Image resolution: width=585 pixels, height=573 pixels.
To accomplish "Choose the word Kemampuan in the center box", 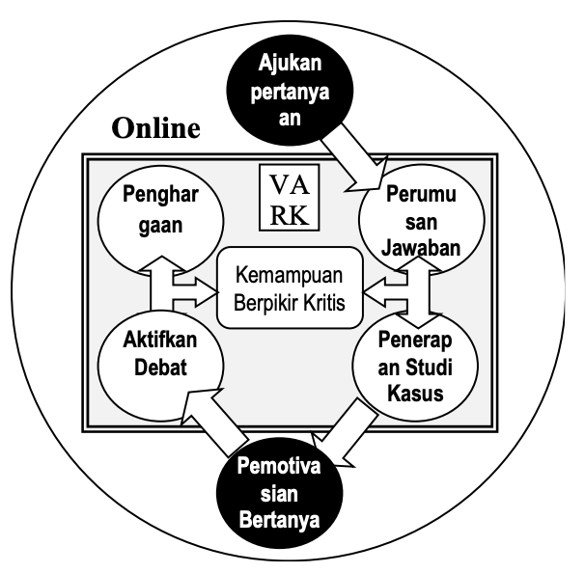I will pos(291,274).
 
